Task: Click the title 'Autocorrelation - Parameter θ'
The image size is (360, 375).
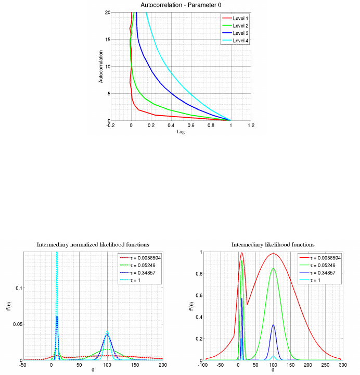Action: tap(180, 5)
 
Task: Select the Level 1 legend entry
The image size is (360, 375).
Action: tap(240, 18)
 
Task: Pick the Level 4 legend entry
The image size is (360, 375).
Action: tap(240, 40)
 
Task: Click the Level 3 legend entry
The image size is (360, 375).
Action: tap(240, 33)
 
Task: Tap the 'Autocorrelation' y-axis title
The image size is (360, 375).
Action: tap(101, 66)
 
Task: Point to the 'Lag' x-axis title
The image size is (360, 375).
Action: tap(181, 132)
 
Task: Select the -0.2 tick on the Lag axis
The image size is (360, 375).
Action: tap(110, 125)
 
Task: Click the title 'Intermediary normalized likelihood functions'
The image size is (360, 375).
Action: tap(93, 245)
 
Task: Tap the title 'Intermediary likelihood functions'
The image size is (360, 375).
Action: tap(273, 245)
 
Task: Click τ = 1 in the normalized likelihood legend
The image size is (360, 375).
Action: tap(138, 279)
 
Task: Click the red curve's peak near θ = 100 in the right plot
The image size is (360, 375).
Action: tap(273, 254)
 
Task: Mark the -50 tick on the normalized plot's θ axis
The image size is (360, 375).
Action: tap(23, 365)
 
